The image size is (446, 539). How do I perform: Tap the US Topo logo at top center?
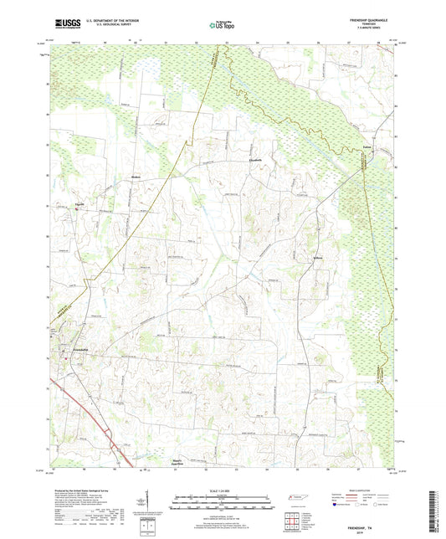tap(222, 26)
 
